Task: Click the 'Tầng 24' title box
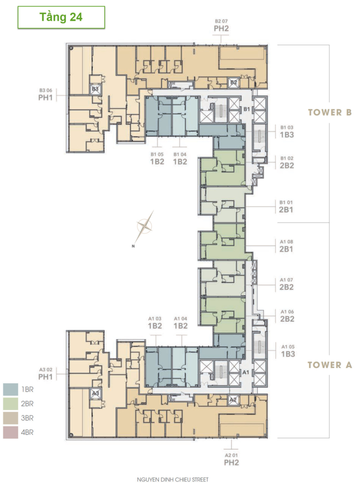(61, 17)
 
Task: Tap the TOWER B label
(330, 112)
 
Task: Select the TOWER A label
(330, 365)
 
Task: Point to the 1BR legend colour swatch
(10, 389)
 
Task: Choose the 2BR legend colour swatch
(10, 404)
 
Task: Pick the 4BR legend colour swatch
(10, 432)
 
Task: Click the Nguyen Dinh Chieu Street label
(173, 480)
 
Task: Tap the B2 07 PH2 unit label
(221, 25)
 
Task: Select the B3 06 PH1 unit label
(46, 94)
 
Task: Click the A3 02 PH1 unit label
(46, 374)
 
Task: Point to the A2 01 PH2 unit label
(232, 459)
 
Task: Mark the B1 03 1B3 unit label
(287, 132)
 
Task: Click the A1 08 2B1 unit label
(286, 246)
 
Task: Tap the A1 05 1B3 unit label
(288, 351)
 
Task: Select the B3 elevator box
(95, 89)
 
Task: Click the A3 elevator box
(96, 393)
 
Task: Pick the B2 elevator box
(234, 82)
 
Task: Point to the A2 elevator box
(234, 400)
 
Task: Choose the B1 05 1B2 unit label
(157, 158)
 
